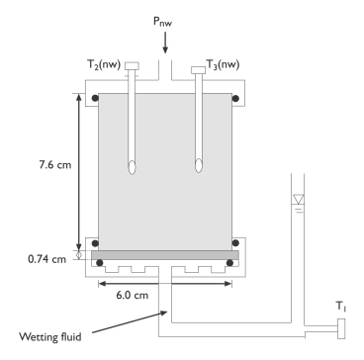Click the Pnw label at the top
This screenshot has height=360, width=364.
click(x=162, y=22)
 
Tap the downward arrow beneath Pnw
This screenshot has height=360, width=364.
click(x=165, y=43)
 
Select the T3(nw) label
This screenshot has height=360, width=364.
click(x=223, y=64)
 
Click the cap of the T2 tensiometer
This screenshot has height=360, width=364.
click(x=132, y=66)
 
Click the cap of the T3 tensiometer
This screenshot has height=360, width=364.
click(x=198, y=70)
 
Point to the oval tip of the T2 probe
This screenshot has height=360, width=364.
click(x=132, y=167)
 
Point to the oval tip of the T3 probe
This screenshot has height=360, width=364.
click(x=198, y=165)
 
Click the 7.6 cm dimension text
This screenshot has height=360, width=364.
click(x=55, y=165)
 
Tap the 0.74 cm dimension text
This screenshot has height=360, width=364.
click(x=46, y=259)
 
